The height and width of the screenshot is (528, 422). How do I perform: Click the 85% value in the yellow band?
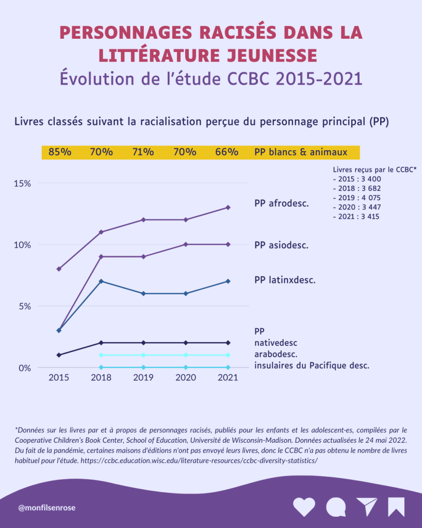(x=60, y=152)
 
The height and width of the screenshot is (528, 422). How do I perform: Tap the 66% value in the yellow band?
(x=227, y=152)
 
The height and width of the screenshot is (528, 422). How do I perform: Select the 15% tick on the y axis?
(x=22, y=183)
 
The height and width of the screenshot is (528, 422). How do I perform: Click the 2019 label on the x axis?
(x=143, y=377)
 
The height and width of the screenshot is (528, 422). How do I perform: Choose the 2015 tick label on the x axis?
(x=59, y=377)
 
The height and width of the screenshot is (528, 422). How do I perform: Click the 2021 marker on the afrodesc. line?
(x=228, y=207)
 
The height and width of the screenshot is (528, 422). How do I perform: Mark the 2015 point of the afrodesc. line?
(x=59, y=269)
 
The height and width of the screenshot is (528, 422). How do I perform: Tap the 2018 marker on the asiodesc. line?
(x=101, y=257)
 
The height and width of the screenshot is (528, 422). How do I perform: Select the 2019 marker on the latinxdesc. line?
(x=143, y=294)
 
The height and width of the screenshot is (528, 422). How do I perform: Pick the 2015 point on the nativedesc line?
(x=59, y=355)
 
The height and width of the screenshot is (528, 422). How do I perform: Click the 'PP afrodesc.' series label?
(x=282, y=203)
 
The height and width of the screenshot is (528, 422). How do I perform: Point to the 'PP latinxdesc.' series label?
(x=285, y=280)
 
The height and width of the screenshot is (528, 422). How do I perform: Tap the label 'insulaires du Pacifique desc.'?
(x=312, y=365)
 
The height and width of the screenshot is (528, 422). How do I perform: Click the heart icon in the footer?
(x=304, y=507)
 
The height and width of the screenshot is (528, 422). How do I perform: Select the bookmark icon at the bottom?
(x=396, y=507)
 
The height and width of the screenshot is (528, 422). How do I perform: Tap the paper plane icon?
(x=367, y=507)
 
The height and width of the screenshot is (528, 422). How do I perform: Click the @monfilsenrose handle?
(x=47, y=508)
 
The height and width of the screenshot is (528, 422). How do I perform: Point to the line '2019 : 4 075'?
(x=357, y=198)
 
